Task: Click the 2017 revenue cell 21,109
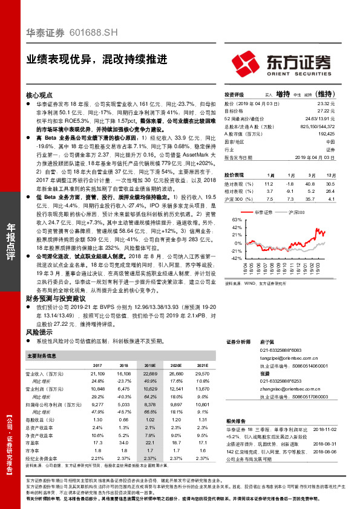pos(96,374)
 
